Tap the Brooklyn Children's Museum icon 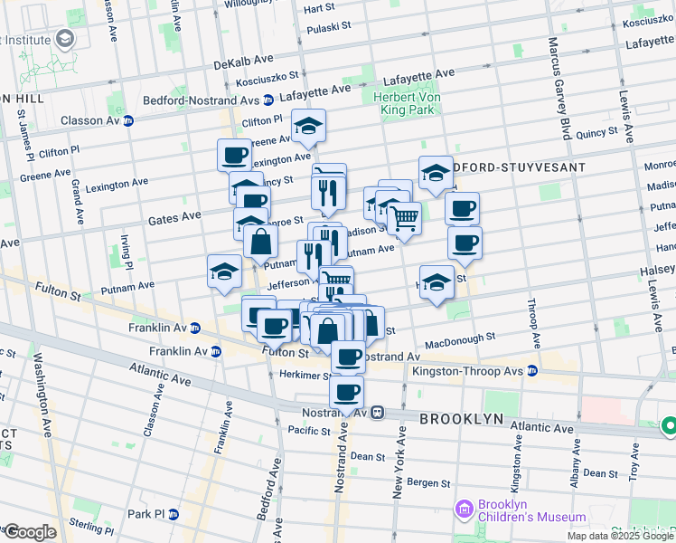465,510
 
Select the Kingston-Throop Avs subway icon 533,371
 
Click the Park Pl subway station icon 174,514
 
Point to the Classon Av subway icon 128,120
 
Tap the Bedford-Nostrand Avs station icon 268,100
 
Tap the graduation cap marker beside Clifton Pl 308,128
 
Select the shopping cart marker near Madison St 404,216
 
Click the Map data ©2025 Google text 619,535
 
